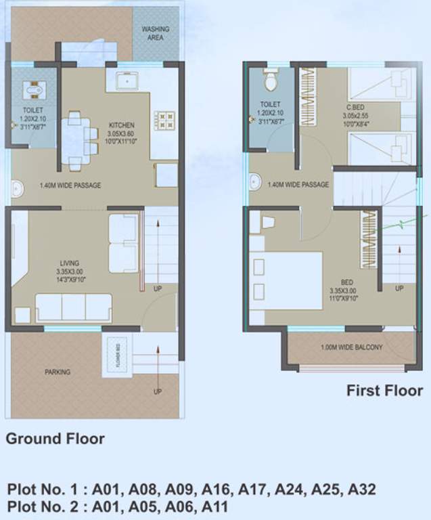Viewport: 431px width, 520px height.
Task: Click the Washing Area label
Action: pos(156,34)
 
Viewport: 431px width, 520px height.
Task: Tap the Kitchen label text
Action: pos(122,125)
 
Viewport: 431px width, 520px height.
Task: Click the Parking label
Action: pos(58,372)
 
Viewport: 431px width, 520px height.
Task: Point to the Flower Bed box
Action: pos(112,356)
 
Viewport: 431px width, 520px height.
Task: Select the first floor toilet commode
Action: pos(271,81)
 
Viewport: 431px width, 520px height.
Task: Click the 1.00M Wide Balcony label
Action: pos(352,348)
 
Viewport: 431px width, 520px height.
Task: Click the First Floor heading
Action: pos(384,391)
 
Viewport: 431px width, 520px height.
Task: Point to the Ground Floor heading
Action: pos(55,439)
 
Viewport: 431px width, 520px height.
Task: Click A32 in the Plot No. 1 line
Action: pos(361,489)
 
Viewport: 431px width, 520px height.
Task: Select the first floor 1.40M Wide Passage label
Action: pos(298,185)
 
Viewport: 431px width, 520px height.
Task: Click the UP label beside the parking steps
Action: pos(157,391)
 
